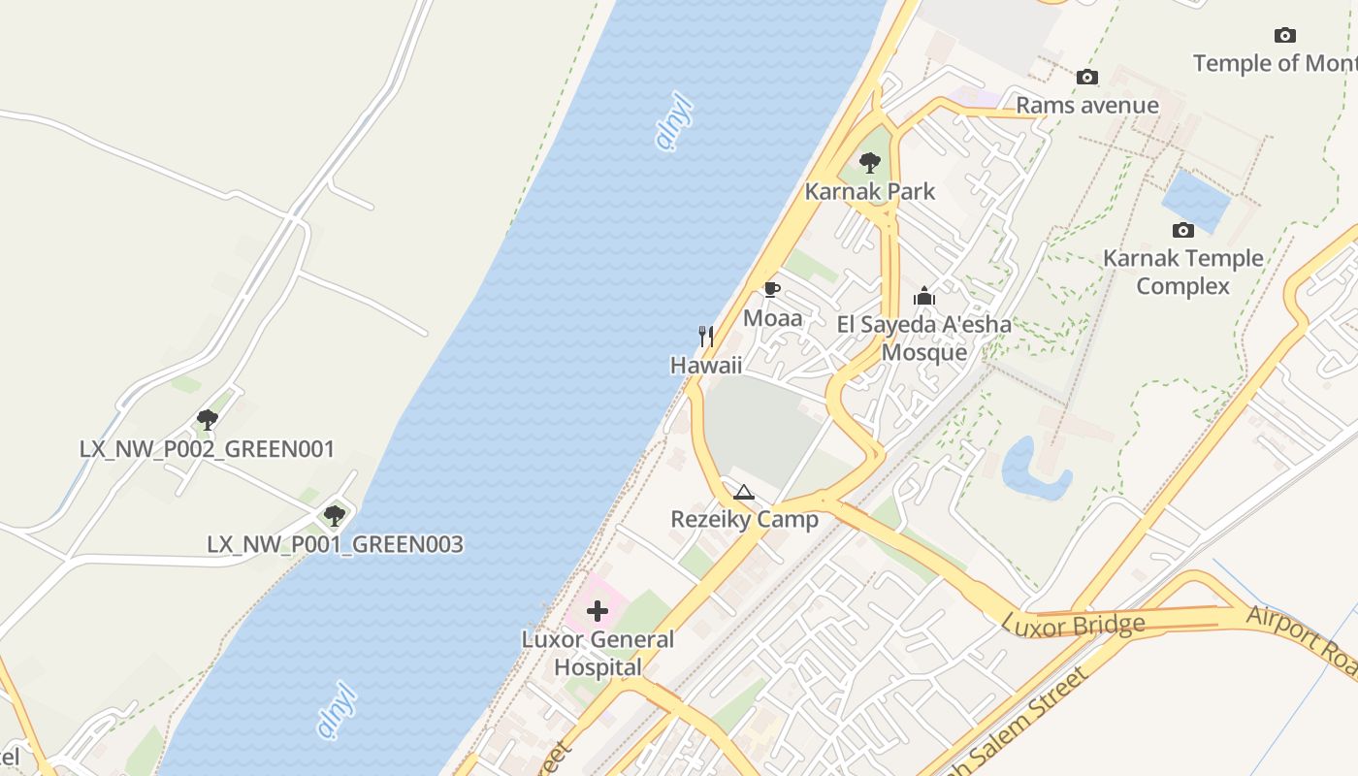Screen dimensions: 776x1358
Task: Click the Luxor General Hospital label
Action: (598, 653)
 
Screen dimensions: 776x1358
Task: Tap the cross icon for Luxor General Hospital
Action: (598, 611)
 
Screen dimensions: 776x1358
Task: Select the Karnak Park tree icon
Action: (870, 163)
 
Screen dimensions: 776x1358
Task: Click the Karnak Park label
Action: (870, 191)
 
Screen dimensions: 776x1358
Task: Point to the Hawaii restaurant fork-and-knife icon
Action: (706, 337)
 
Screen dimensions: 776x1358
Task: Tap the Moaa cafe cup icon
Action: (772, 289)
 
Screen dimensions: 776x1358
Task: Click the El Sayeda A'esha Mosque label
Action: (924, 338)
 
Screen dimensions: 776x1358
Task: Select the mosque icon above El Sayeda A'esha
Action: (924, 296)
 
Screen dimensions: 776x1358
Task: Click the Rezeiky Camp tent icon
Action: (744, 492)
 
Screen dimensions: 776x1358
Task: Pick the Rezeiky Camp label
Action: (744, 519)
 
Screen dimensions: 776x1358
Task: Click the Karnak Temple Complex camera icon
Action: (1182, 230)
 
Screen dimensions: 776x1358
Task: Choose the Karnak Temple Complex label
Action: (1182, 272)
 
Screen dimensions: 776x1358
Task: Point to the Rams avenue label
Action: (1086, 105)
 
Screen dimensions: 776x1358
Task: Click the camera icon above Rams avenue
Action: (1086, 77)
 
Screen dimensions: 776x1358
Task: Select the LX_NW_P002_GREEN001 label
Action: (207, 449)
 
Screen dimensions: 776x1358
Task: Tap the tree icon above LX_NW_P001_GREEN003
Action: (335, 515)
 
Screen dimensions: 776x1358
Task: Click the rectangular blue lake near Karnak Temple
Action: (1195, 201)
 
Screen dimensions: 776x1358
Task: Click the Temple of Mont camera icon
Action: (1284, 36)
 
